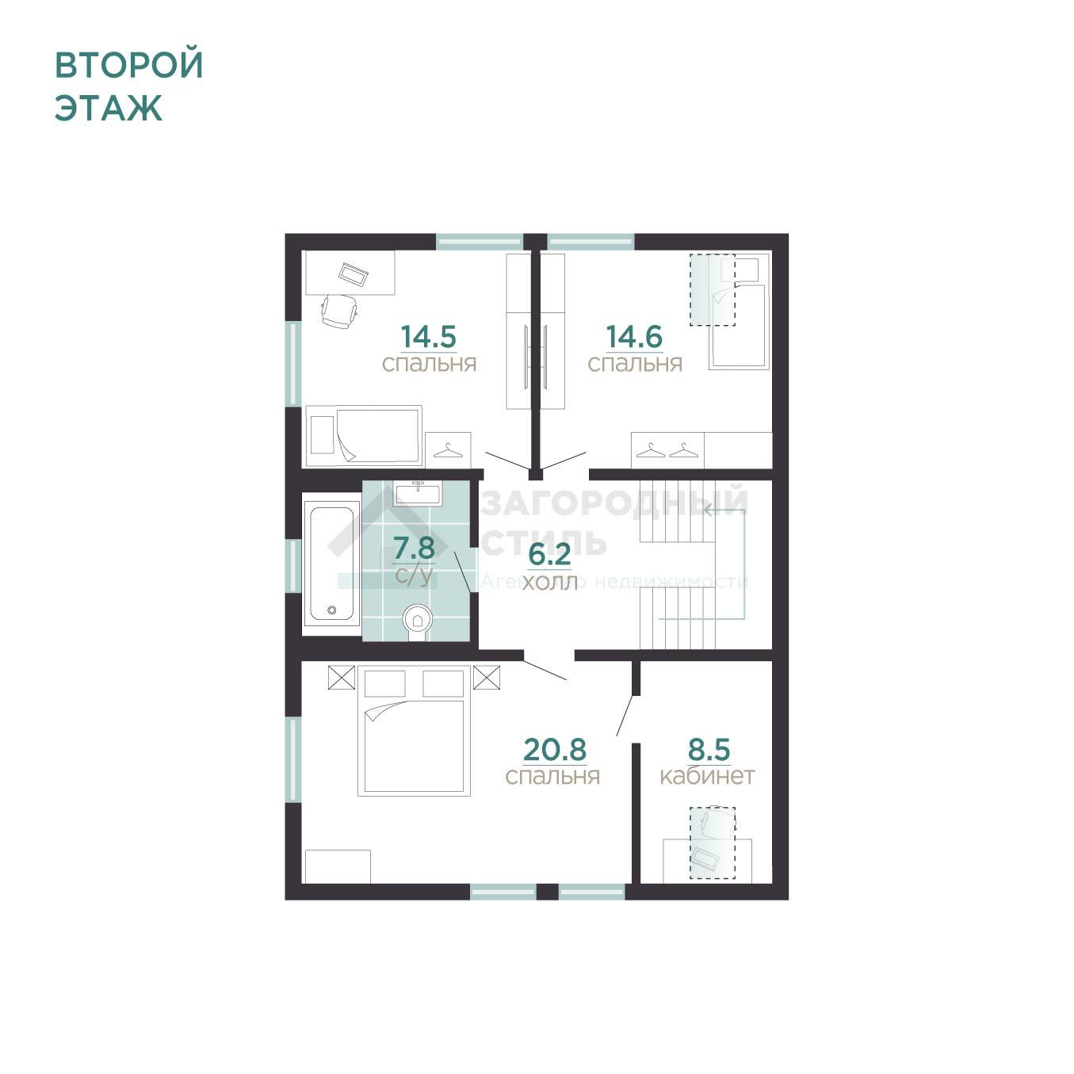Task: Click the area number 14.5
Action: tap(429, 337)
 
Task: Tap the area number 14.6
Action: tap(634, 337)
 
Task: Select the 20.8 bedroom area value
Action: tap(555, 750)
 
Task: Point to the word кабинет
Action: tap(707, 777)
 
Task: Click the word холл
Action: tap(550, 583)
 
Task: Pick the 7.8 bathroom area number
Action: tap(414, 548)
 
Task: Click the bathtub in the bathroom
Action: tap(331, 564)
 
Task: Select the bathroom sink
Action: tap(418, 494)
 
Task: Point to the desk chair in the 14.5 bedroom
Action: tap(339, 311)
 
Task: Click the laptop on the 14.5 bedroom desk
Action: tap(354, 273)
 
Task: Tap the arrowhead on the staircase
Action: tap(708, 510)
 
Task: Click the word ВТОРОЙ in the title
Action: tap(128, 65)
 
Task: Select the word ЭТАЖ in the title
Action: tap(109, 108)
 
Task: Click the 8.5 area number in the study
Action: tap(709, 750)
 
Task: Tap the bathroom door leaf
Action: tap(462, 571)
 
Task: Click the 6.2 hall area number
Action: tap(549, 555)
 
